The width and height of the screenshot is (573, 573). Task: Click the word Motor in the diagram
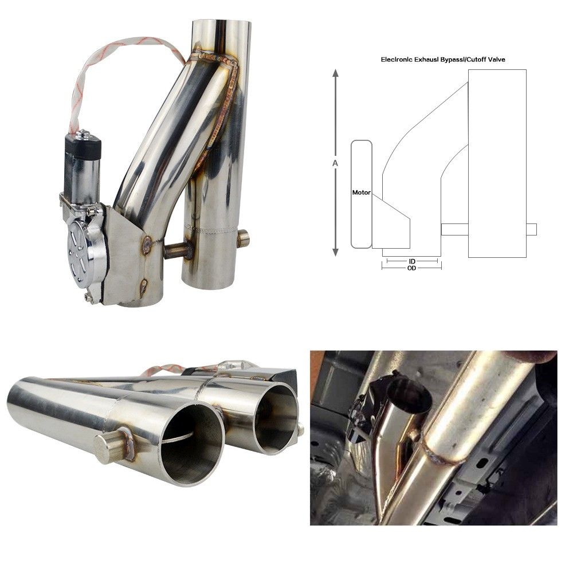tap(362, 193)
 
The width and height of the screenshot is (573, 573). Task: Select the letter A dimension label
tap(335, 163)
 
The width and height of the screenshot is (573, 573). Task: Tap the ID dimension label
tap(412, 261)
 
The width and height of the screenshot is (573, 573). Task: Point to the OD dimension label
tap(411, 268)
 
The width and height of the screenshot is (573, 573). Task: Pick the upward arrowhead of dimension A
tap(335, 73)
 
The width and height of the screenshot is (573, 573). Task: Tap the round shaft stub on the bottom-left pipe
tap(109, 448)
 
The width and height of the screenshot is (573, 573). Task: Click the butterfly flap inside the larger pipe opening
tap(178, 438)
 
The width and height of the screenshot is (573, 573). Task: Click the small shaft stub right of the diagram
tap(532, 229)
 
